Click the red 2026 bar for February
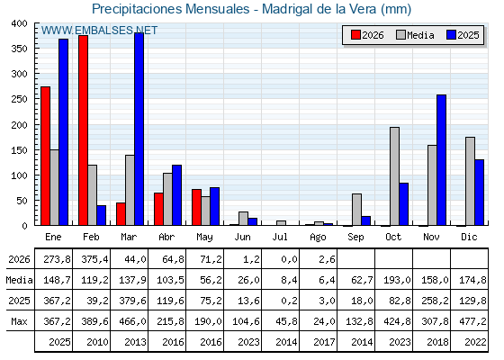click(83, 130)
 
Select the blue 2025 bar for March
click(139, 129)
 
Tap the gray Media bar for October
click(395, 176)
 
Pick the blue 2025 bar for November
click(442, 160)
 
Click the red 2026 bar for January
click(46, 156)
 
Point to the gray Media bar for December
click(470, 181)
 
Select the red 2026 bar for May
click(197, 207)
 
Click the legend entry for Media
click(415, 35)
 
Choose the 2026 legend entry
click(367, 35)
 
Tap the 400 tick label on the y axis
click(19, 23)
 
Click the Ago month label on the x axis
click(318, 238)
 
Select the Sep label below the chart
click(355, 238)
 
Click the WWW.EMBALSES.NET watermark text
click(99, 31)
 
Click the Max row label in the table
click(19, 321)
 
